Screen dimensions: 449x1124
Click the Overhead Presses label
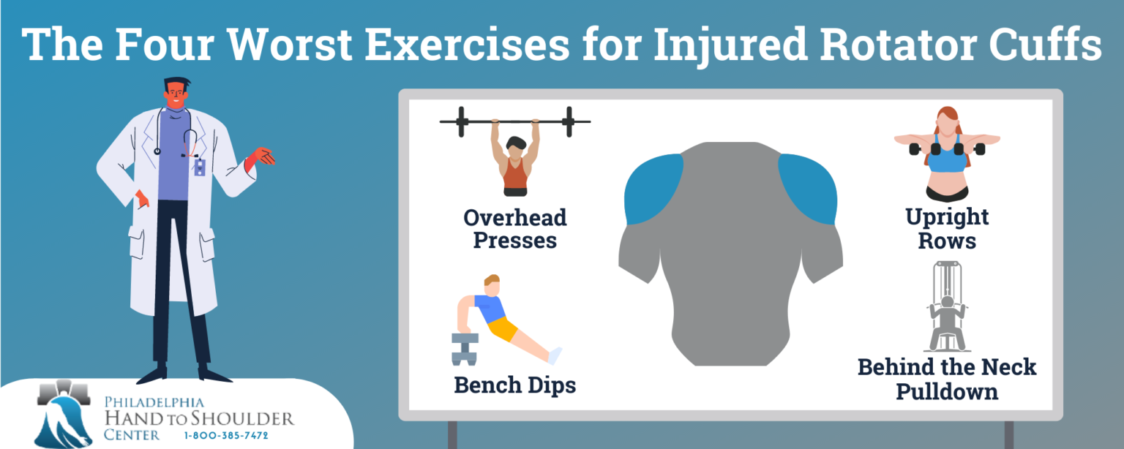[514, 229]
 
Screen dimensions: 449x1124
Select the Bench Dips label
[514, 385]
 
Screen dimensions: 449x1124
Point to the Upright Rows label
[947, 229]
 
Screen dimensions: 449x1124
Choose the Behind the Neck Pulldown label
[947, 378]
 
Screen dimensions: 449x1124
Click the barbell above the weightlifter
[514, 121]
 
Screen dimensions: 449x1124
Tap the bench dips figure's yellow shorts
[503, 328]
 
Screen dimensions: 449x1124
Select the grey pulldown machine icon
[947, 307]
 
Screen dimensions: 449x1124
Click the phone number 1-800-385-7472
[226, 436]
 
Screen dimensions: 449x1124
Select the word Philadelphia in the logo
[154, 403]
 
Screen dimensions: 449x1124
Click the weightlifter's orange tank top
[515, 174]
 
